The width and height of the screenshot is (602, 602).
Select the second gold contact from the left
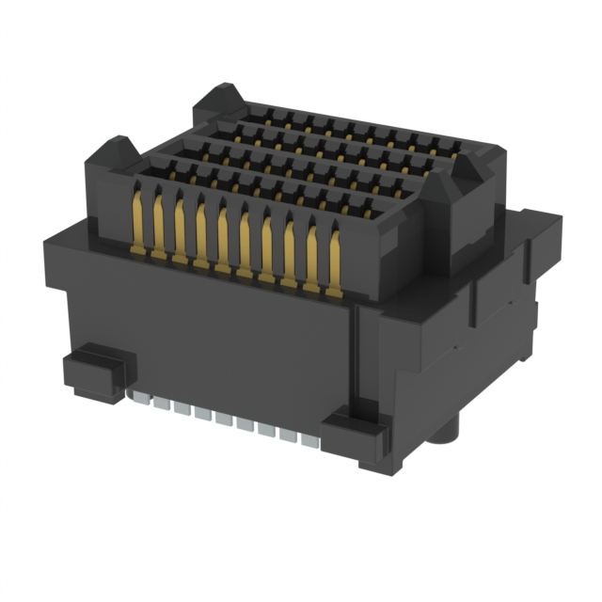coord(158,226)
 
